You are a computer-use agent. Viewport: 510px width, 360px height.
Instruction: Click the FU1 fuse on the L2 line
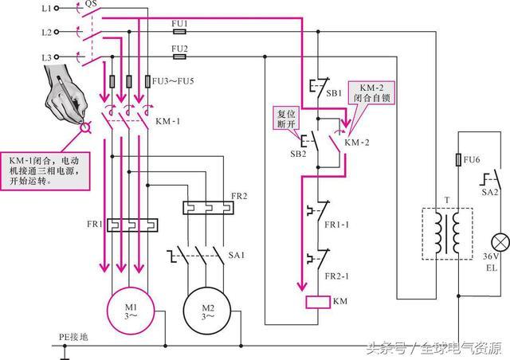179,33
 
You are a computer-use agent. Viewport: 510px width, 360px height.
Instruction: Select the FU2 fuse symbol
179,57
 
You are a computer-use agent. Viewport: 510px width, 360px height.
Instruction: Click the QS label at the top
90,5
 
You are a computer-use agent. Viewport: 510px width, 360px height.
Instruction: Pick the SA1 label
237,256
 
